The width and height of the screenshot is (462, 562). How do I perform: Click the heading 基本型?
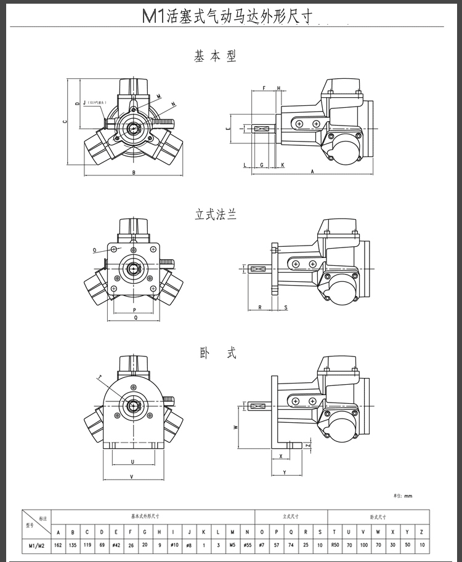coord(215,57)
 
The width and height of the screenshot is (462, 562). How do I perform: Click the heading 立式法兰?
coord(215,215)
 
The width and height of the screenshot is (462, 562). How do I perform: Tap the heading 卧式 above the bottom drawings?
coord(217,353)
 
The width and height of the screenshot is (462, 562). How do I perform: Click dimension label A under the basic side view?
coord(312,172)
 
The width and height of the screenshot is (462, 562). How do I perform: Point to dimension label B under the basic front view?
coord(134,172)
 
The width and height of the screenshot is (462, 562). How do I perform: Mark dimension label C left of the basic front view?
coord(64,121)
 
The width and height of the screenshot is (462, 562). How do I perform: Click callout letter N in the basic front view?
coord(173,103)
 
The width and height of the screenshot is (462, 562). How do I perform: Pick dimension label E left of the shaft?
coord(228,129)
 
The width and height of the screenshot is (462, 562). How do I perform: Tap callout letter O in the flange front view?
coord(95,251)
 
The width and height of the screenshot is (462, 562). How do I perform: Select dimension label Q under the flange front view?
coord(135,318)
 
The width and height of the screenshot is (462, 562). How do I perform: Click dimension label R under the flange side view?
coord(259,307)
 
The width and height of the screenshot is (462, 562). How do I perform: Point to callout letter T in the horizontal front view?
coord(98,377)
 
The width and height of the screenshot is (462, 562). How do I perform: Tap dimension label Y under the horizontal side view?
coord(284,472)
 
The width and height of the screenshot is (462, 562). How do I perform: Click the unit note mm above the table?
coord(408,496)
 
